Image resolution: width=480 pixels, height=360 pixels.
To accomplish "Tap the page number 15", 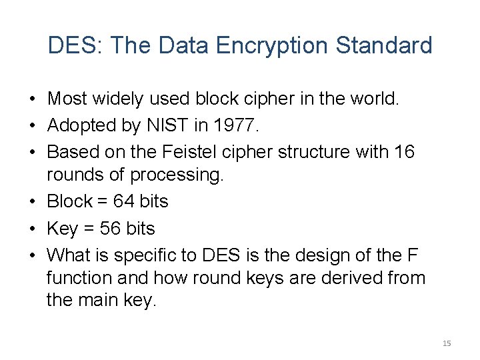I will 447,343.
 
